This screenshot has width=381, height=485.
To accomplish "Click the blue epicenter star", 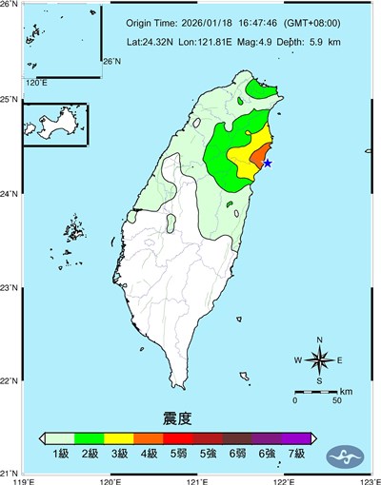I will coord(268,164).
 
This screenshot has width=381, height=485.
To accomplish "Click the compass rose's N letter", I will coord(320,339).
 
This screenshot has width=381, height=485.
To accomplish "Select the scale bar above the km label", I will coord(315,391).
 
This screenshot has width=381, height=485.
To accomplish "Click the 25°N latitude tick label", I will coord(10,100).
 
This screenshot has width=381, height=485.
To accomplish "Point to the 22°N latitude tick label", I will coord(10,381).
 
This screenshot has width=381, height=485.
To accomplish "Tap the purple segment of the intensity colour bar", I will coord(295,437).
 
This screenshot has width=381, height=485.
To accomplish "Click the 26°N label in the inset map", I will coord(112,62).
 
